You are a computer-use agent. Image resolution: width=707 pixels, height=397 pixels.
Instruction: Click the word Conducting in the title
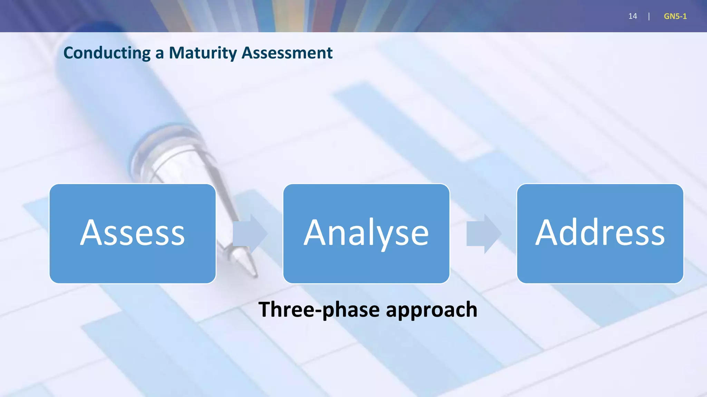click(x=107, y=53)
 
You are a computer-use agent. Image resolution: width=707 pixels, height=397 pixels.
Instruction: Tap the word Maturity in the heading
click(x=203, y=53)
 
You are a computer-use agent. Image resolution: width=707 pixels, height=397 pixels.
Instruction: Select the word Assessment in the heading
click(x=287, y=53)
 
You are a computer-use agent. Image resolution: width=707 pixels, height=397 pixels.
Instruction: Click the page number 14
click(x=632, y=16)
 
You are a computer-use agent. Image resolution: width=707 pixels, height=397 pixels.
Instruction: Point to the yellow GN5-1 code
click(x=675, y=16)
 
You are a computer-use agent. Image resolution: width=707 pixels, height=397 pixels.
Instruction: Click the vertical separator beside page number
click(x=649, y=16)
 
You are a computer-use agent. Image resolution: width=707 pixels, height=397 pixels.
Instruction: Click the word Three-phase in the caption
click(x=320, y=309)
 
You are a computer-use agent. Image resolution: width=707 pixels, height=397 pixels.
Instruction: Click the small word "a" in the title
click(x=159, y=54)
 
